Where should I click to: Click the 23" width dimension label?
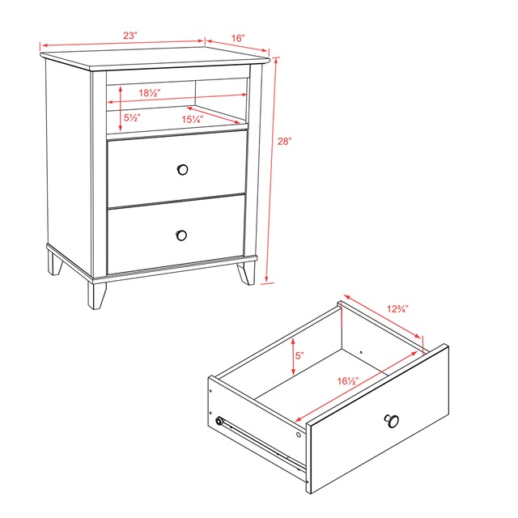click(129, 36)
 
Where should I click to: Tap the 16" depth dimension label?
click(238, 38)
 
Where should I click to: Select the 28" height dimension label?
click(284, 141)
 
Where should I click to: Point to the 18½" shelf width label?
click(147, 93)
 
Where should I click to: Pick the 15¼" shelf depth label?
click(192, 119)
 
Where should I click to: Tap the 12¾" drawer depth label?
click(397, 308)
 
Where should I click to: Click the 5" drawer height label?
click(299, 355)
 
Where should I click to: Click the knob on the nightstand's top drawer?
click(182, 169)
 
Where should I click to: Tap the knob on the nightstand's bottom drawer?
click(181, 235)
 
